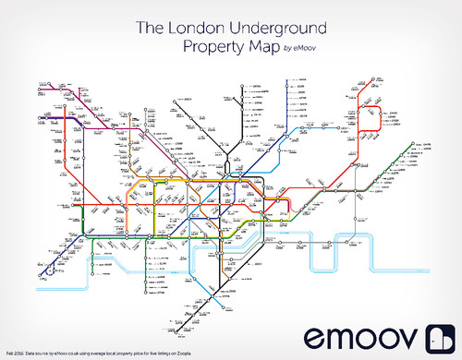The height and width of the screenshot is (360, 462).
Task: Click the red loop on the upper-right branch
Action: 371,116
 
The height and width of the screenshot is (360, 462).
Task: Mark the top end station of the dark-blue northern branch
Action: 289,81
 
